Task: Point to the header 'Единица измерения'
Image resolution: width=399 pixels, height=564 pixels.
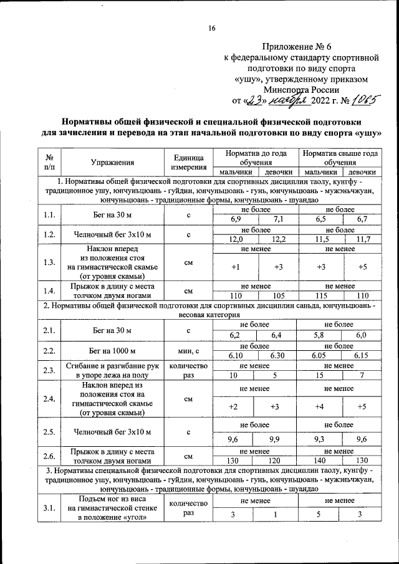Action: (188, 163)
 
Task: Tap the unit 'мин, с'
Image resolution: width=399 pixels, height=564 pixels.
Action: (188, 351)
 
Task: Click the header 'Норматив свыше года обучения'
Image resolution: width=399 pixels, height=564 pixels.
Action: (340, 158)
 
